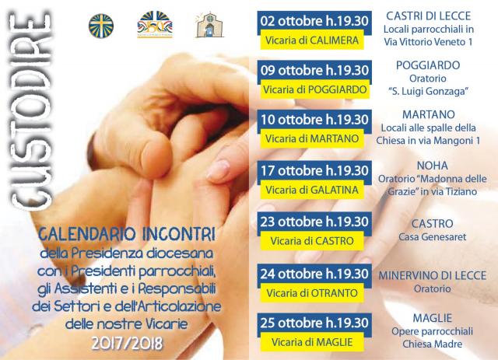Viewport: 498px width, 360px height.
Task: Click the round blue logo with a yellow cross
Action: coord(101,26)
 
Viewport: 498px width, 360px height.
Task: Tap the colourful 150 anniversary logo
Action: coord(155,25)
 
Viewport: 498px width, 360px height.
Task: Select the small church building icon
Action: coord(209,25)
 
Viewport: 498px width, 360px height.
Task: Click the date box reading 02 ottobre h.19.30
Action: coord(314,21)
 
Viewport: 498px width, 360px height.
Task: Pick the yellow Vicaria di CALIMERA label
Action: coord(312,40)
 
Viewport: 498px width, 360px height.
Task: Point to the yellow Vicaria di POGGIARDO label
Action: coord(314,89)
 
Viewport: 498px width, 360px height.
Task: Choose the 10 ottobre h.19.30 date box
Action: coord(314,120)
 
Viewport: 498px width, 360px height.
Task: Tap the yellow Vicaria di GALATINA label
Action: coord(312,190)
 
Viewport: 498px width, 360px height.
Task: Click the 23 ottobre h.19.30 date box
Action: coord(314,222)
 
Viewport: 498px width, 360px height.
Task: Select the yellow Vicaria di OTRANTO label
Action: coord(312,293)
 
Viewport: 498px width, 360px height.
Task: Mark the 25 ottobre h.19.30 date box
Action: coord(314,323)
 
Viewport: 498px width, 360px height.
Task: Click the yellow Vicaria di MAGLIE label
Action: coord(312,342)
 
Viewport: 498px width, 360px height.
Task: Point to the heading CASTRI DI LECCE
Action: coord(429,16)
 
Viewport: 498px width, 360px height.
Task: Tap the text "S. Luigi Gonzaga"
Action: coord(429,92)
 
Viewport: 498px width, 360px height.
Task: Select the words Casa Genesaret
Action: coord(433,237)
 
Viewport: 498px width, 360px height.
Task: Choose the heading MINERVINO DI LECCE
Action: coord(433,275)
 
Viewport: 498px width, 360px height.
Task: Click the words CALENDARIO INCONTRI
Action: coord(127,235)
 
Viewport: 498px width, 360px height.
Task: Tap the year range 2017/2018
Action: coord(127,343)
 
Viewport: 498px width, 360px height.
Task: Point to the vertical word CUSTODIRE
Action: coord(31,111)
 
